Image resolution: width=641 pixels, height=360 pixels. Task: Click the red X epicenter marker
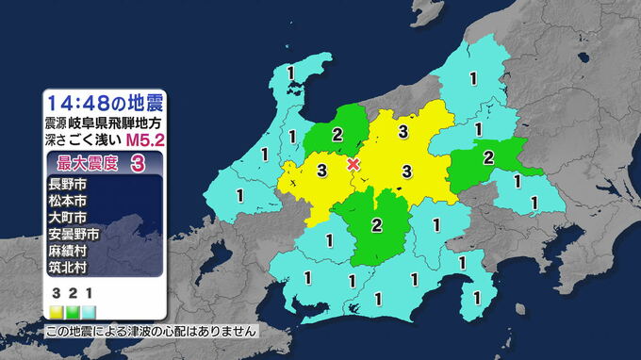pos(353,164)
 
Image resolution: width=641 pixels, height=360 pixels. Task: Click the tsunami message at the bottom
pos(151,332)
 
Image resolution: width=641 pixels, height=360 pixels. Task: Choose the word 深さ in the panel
pos(56,140)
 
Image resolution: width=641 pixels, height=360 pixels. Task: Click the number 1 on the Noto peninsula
pos(290,74)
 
